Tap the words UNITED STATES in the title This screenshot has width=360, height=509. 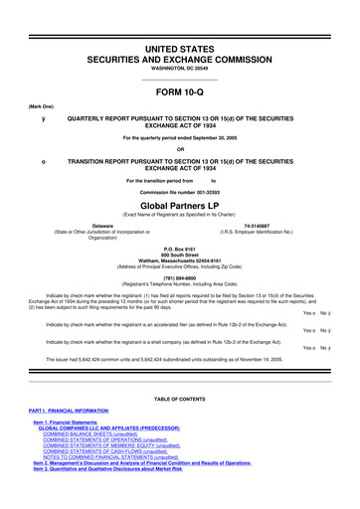pos(179,20)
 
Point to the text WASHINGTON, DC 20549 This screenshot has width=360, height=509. pos(179,41)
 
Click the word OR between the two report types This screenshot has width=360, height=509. pos(179,151)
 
